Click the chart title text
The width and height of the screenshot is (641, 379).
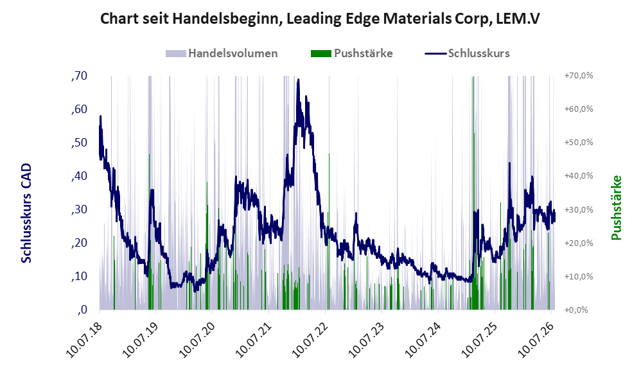pos(320,19)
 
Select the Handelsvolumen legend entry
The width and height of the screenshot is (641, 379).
pos(222,53)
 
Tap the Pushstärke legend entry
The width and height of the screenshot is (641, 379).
pos(351,53)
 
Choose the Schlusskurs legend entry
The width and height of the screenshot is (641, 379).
pos(467,53)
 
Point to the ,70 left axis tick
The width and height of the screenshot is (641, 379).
pos(79,76)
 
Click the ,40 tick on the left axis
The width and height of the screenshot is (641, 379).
pos(79,176)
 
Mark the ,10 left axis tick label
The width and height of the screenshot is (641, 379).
pos(79,276)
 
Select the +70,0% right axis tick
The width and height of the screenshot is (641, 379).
pos(579,76)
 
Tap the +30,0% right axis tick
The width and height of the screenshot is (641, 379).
pos(579,209)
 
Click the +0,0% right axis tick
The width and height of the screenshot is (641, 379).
pos(576,310)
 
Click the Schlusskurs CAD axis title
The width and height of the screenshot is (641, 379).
pos(26,213)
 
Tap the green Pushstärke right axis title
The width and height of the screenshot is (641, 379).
pos(616,207)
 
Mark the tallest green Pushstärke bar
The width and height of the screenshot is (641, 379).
pos(473,193)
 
